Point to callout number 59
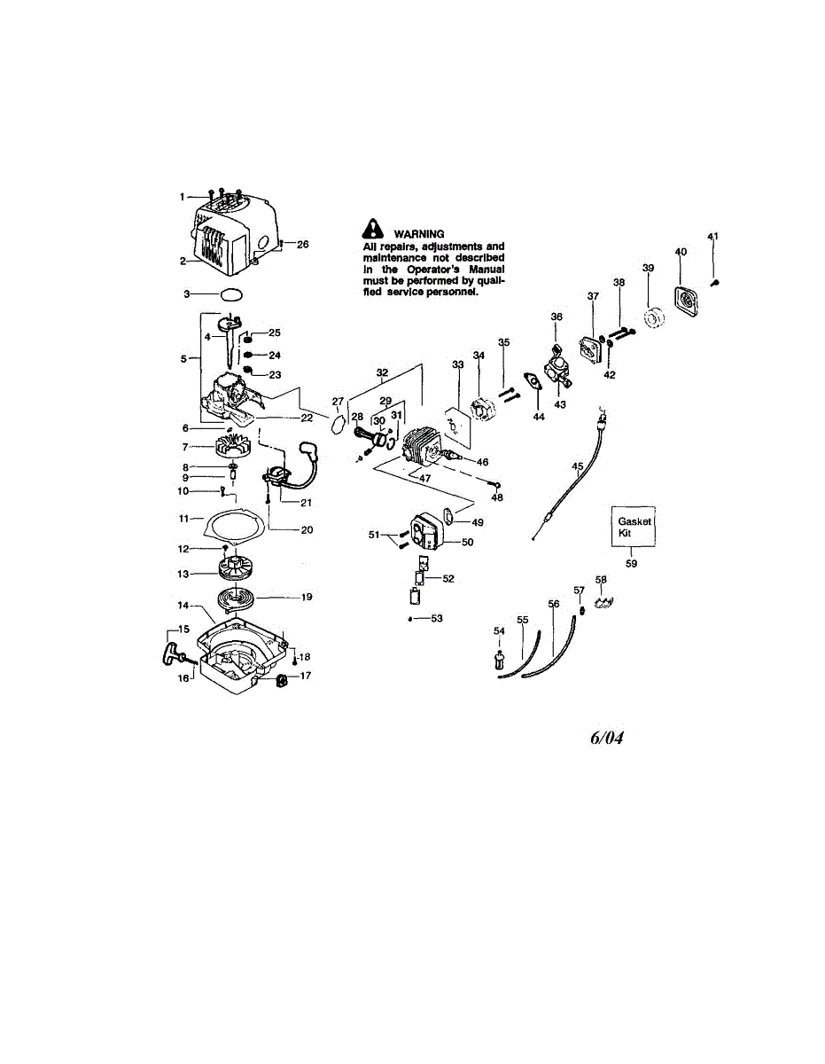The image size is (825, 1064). [x=632, y=562]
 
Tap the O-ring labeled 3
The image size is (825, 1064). [x=229, y=293]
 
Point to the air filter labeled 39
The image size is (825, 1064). [x=656, y=317]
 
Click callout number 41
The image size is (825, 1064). [x=712, y=236]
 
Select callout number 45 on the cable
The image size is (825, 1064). [x=578, y=465]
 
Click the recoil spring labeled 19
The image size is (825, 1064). [x=245, y=598]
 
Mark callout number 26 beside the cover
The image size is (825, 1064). [x=303, y=244]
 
